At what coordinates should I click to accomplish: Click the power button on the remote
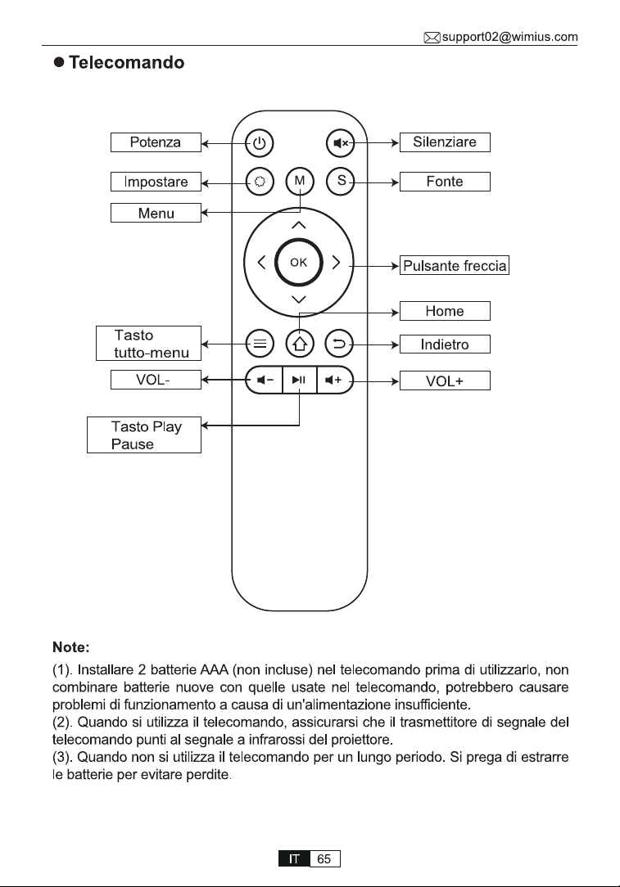point(260,143)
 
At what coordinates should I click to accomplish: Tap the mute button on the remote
point(340,143)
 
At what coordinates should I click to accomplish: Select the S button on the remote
point(340,181)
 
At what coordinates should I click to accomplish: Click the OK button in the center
point(298,263)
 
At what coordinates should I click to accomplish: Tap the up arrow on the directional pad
point(298,225)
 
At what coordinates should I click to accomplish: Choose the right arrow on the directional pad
point(337,263)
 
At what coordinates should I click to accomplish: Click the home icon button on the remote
point(300,344)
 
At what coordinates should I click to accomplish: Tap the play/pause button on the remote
point(299,380)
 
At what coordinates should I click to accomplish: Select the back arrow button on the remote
point(339,344)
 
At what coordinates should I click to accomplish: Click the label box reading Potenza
point(156,142)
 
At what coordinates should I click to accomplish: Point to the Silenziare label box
point(445,142)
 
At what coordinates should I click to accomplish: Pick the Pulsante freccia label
point(455,265)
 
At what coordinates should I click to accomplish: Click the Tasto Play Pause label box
point(144,434)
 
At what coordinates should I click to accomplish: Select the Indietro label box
point(445,344)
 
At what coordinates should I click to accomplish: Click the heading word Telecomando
point(127,62)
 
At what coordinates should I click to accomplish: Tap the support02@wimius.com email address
point(509,38)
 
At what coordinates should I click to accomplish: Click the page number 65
point(324,858)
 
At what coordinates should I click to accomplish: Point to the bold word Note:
point(70,647)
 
